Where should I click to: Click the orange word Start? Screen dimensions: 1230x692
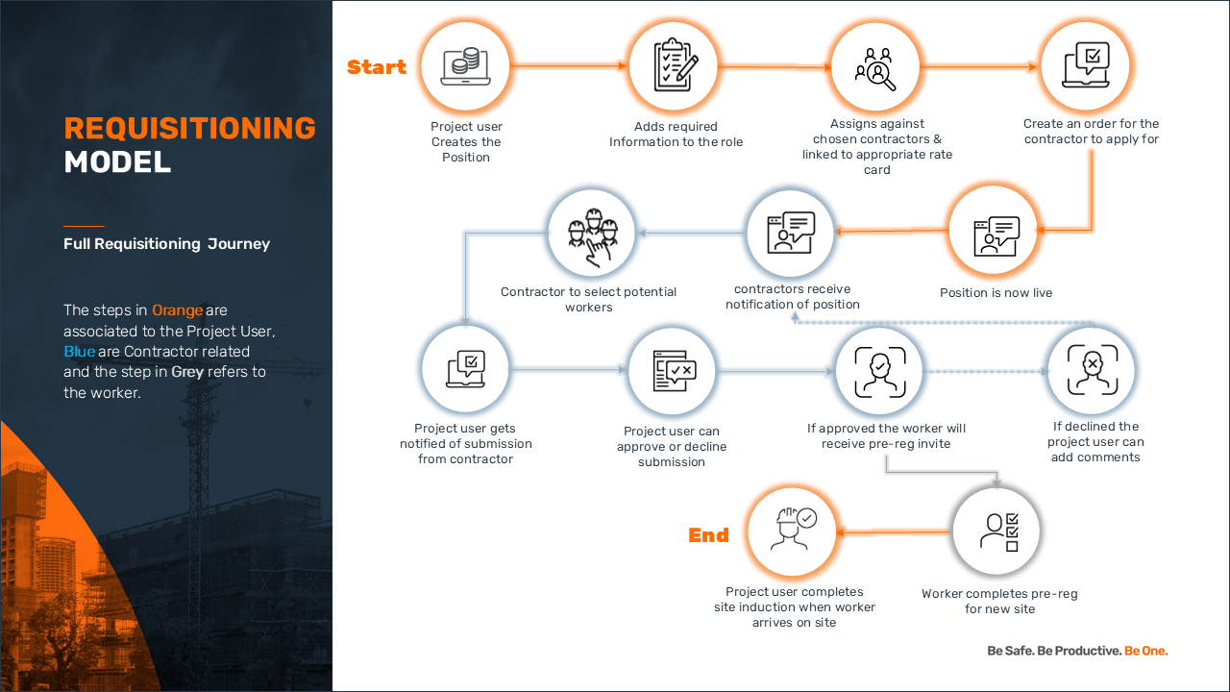point(376,67)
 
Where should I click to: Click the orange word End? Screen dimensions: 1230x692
point(708,535)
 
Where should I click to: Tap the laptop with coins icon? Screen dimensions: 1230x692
point(465,66)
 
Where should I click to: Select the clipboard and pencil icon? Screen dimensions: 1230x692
point(676,64)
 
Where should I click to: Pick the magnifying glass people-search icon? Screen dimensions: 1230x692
point(875,68)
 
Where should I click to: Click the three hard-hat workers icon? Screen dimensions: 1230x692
point(593,237)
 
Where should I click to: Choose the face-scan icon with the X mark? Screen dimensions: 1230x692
point(1093,370)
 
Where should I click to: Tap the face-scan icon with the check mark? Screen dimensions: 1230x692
point(880,372)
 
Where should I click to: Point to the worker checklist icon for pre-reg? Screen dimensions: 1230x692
point(998,531)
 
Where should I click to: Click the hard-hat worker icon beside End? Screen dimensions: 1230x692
point(793,529)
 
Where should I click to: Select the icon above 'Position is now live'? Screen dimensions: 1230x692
point(996,236)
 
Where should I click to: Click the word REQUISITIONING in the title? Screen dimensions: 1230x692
point(190,128)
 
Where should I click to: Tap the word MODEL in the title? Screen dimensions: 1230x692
point(117,162)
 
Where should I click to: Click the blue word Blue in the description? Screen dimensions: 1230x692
point(79,352)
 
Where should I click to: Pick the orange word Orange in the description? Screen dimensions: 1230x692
point(178,310)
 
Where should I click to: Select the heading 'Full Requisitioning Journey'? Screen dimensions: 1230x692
point(166,244)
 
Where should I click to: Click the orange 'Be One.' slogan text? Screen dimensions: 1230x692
point(1146,651)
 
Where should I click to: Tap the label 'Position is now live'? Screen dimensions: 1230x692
point(996,293)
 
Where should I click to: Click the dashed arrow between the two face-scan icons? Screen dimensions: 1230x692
point(987,371)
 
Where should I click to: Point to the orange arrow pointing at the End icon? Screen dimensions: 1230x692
point(894,531)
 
